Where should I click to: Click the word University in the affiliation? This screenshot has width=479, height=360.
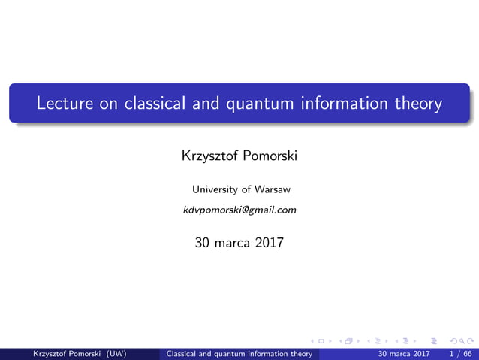216,189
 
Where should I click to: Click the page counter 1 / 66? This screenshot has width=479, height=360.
460,353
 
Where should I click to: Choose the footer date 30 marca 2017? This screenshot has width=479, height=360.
405,353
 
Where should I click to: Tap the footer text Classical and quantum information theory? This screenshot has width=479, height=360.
239,353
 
